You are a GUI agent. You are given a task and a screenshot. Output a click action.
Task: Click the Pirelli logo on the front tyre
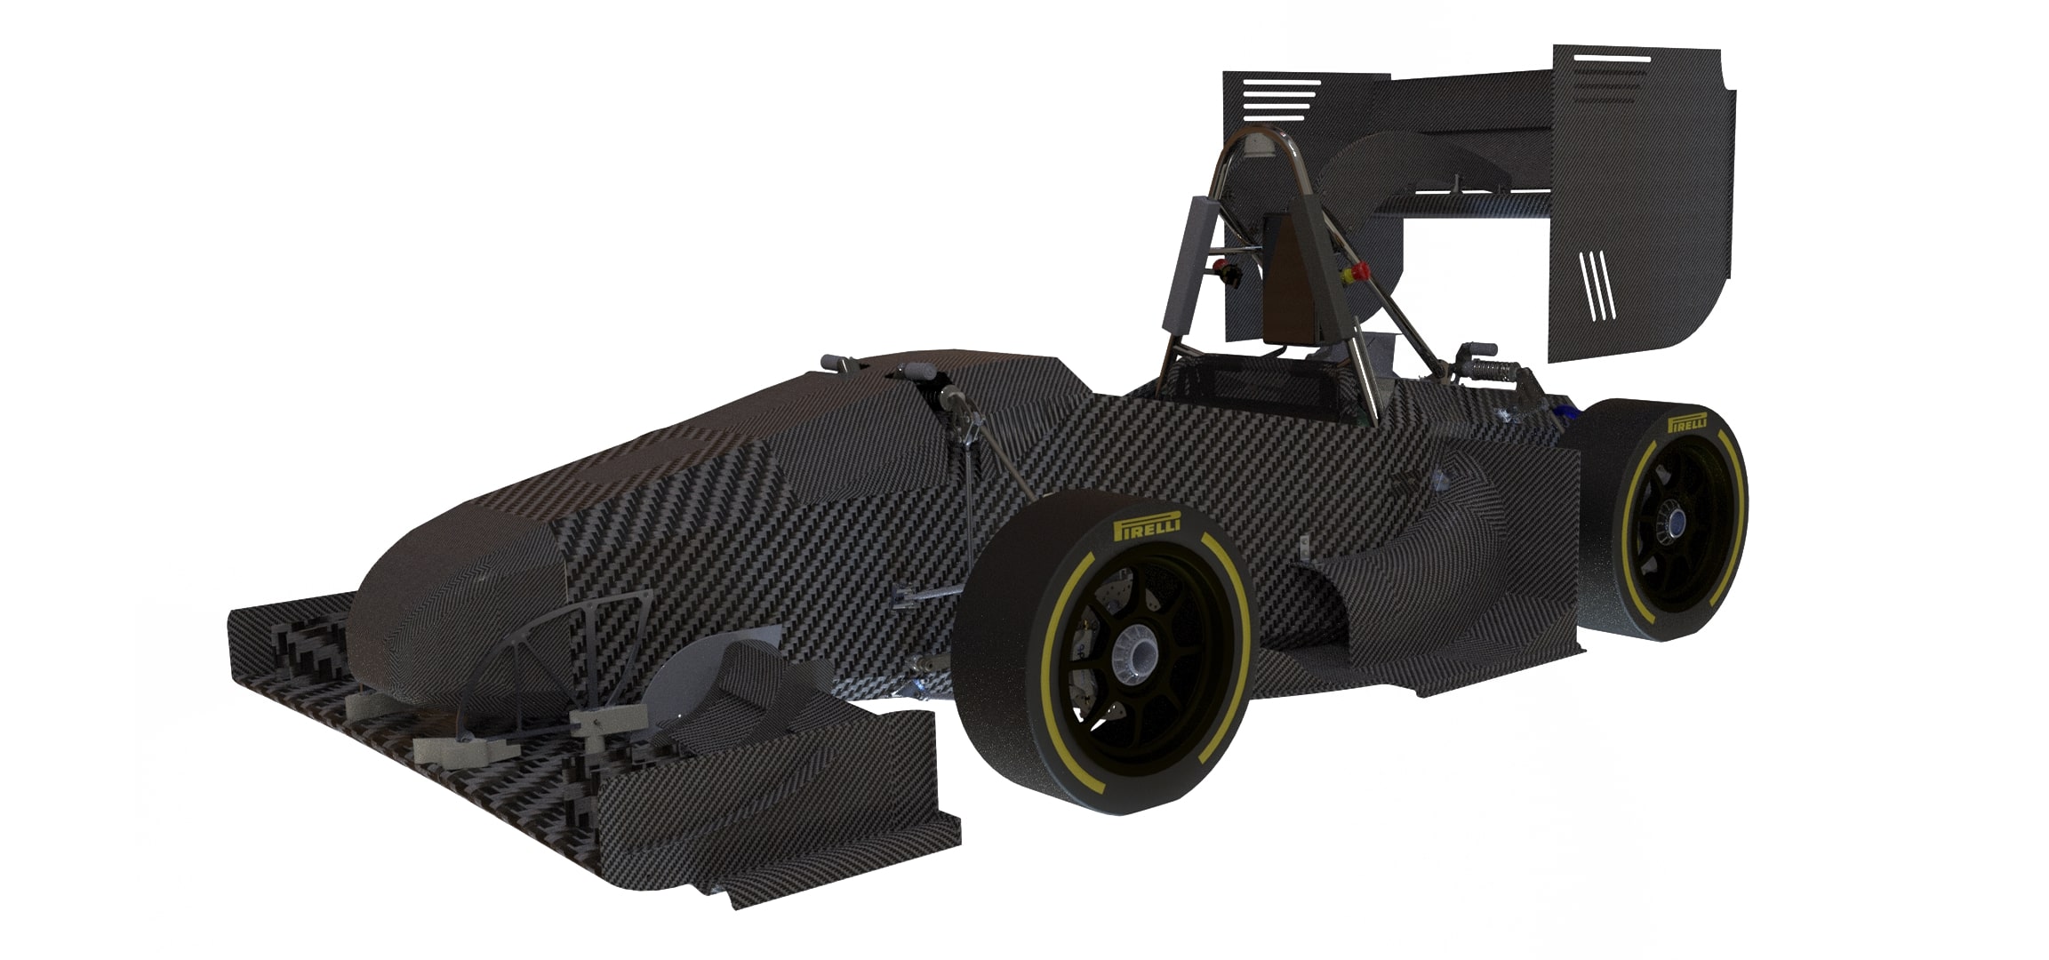click(1147, 525)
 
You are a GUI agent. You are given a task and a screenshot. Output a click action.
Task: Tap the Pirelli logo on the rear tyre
click(1687, 421)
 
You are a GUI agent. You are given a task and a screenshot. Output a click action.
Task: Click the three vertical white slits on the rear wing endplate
click(1597, 284)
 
